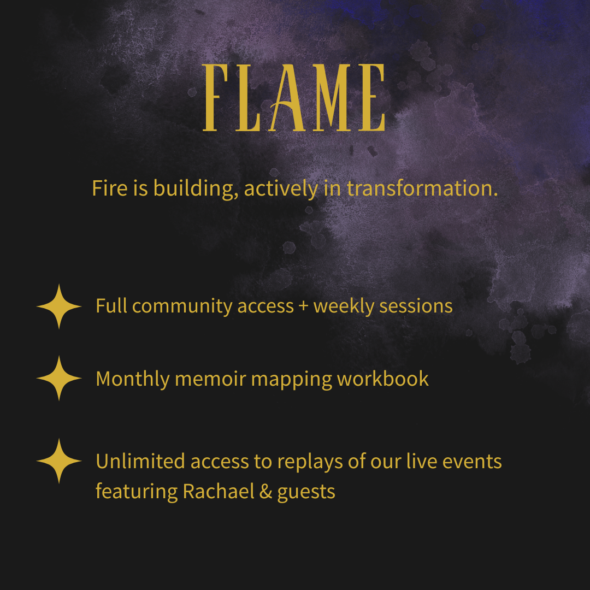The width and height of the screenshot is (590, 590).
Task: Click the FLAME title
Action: (294, 97)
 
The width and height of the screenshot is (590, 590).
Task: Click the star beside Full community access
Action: (58, 306)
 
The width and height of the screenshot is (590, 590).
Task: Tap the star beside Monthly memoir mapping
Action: (58, 378)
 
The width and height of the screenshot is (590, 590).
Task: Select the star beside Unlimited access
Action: (58, 461)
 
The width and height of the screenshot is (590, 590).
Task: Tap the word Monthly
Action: (133, 379)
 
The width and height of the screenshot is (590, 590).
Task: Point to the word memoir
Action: (210, 379)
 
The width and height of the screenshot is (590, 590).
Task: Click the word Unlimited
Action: (140, 461)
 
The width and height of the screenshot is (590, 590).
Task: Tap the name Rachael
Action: (219, 492)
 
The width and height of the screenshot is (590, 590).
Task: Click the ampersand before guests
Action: (265, 492)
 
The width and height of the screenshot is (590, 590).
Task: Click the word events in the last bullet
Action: (472, 462)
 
